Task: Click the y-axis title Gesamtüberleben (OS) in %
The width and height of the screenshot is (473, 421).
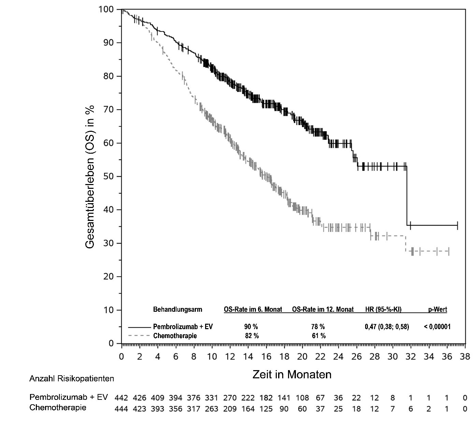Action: (90, 177)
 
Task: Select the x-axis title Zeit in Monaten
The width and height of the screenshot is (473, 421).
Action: (292, 375)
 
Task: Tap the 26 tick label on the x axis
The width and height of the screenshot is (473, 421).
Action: (356, 357)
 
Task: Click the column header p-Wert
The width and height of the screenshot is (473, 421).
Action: (438, 310)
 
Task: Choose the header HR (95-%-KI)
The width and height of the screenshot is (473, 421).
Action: (383, 310)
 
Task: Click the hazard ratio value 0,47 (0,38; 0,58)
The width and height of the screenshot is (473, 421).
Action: (387, 327)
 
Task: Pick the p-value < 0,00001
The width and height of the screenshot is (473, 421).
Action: (437, 327)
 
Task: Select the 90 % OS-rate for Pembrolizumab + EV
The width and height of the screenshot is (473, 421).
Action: (251, 327)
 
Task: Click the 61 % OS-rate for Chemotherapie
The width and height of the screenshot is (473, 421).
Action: (319, 336)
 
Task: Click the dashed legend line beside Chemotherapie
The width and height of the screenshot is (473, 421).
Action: (139, 336)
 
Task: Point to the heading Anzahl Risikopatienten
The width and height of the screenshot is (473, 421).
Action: (72, 379)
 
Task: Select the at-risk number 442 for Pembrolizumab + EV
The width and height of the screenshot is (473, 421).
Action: (121, 398)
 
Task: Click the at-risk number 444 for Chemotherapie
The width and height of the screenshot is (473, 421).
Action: (121, 409)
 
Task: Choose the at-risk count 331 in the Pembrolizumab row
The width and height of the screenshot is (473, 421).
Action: (212, 398)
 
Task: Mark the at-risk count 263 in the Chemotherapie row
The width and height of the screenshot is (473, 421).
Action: (212, 409)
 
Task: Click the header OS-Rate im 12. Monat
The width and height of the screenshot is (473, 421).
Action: (323, 310)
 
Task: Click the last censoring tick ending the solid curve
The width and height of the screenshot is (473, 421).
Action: (457, 225)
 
